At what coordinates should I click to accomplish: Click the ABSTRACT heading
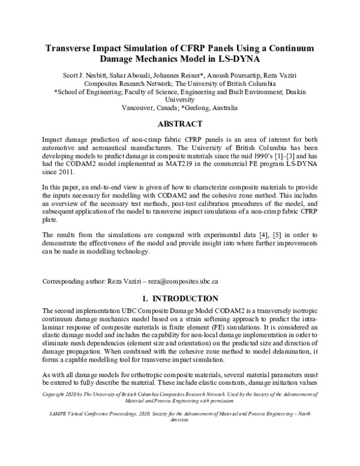179,125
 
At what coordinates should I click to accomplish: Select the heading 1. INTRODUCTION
179,298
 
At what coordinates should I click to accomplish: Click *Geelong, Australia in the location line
211,109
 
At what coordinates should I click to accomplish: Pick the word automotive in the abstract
61,145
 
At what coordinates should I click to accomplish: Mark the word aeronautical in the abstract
106,145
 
